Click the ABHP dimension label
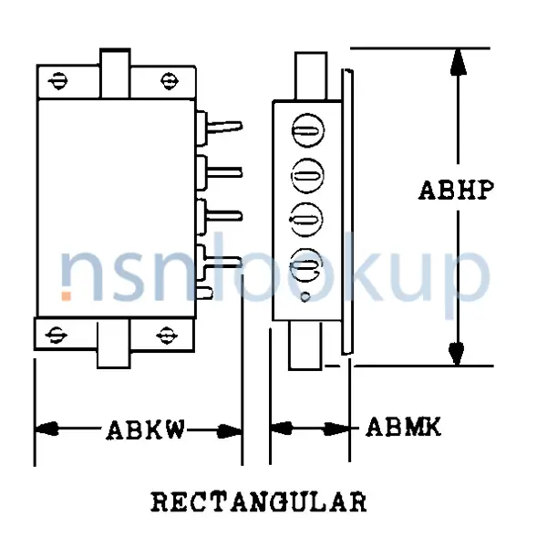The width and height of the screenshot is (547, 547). coord(456,191)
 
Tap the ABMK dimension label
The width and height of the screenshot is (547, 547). coord(403,427)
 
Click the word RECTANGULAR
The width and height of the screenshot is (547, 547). coord(258,502)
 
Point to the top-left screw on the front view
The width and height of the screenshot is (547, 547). coord(60,80)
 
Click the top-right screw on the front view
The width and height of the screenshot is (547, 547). coord(169,80)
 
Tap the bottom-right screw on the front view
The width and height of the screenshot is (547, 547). coord(165,334)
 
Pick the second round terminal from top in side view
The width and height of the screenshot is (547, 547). coord(307,175)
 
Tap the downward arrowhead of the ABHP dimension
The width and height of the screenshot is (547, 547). coord(458,352)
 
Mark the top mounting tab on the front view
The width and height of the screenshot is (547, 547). coord(114,72)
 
